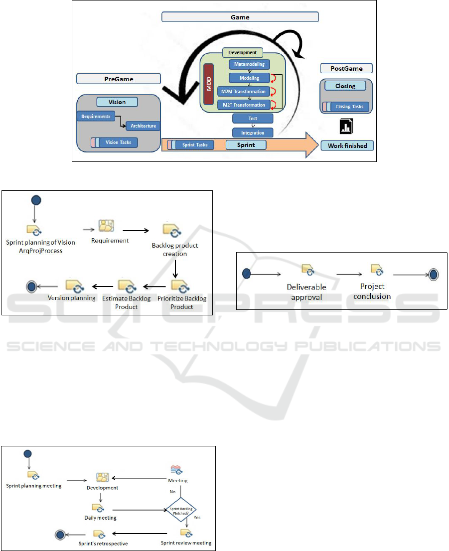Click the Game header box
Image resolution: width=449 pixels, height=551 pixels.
(x=240, y=17)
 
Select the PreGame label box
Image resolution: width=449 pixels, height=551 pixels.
(x=119, y=79)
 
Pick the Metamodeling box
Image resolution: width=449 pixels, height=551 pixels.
(x=250, y=64)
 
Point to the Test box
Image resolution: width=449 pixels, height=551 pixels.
(x=253, y=119)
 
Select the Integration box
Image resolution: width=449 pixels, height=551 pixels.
(x=253, y=133)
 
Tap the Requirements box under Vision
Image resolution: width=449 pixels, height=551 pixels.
(x=96, y=116)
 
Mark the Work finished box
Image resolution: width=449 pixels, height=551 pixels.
(x=347, y=145)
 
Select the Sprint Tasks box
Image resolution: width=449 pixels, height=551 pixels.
(x=195, y=145)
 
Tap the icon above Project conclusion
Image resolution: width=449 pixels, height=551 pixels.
(x=376, y=270)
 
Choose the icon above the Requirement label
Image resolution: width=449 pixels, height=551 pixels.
(x=107, y=226)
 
